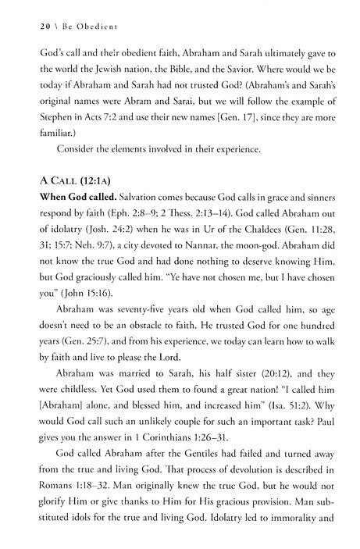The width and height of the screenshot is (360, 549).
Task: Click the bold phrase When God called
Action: [60, 205]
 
